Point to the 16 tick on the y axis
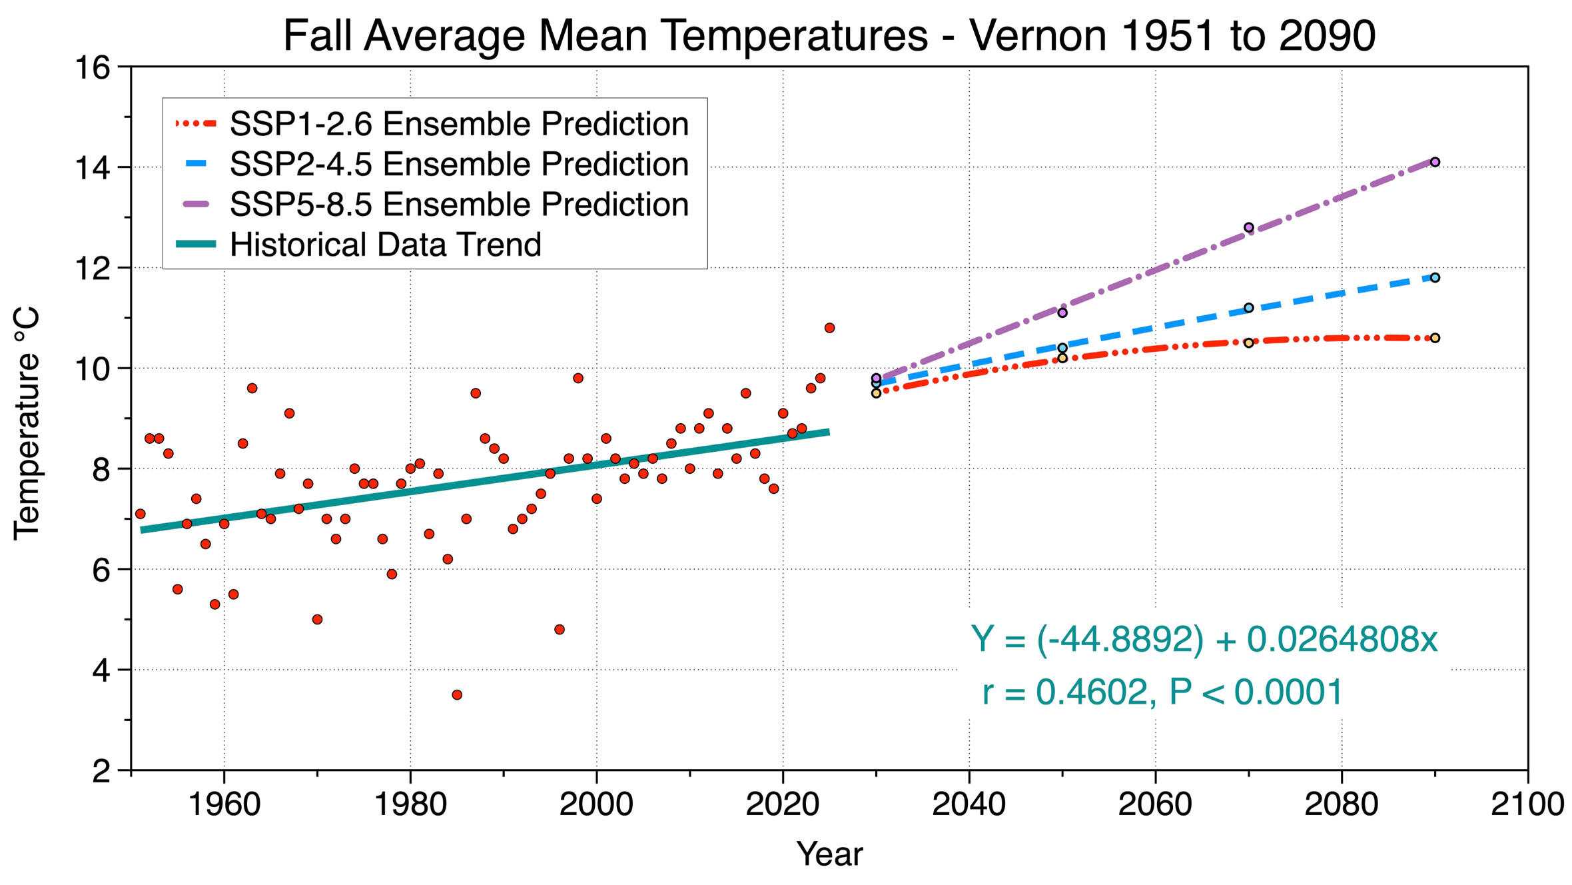click(93, 68)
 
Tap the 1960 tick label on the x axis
click(224, 804)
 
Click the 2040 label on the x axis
click(969, 804)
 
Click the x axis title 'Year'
click(829, 854)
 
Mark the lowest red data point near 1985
click(457, 695)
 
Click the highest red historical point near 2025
click(829, 328)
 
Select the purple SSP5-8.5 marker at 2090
click(1435, 162)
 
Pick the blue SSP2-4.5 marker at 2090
click(1435, 278)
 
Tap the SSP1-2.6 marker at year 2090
click(1435, 338)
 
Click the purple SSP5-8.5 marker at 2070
click(1249, 227)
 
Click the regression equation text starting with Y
click(1204, 640)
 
